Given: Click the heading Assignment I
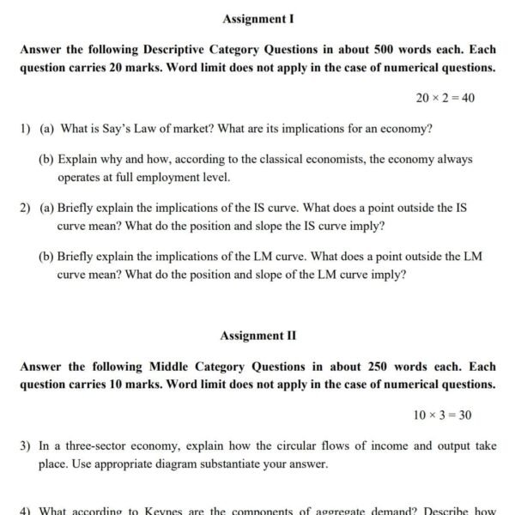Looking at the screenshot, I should (x=258, y=18).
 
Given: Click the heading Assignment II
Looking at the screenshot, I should (x=258, y=336).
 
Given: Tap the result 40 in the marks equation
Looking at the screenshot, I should (x=468, y=98).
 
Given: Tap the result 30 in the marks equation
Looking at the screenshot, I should (x=464, y=415).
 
